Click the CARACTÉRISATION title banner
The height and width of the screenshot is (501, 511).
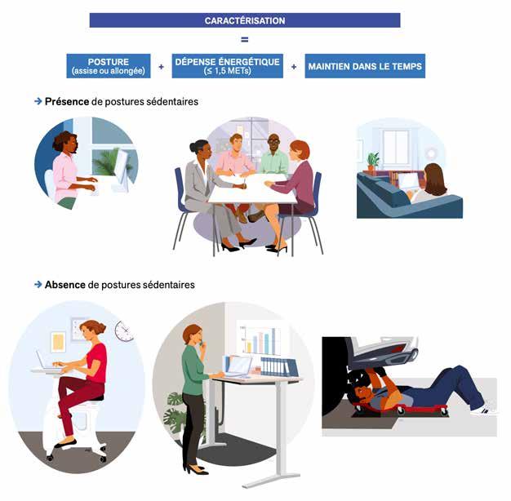click(245, 20)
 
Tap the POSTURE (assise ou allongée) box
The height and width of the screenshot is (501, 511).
click(109, 66)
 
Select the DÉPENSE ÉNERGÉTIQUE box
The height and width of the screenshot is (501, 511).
click(228, 66)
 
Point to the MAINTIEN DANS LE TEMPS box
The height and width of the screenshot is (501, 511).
click(365, 66)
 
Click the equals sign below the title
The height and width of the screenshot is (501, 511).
click(244, 40)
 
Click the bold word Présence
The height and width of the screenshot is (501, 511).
click(67, 102)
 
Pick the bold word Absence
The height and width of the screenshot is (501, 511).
click(65, 285)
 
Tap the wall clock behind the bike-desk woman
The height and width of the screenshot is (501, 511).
click(124, 331)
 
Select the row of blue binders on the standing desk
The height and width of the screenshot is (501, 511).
click(279, 367)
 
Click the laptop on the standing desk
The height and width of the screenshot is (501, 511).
click(238, 366)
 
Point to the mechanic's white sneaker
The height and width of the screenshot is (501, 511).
click(483, 410)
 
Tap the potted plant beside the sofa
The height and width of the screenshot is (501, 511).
click(373, 162)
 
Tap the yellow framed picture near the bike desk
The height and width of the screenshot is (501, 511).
click(58, 343)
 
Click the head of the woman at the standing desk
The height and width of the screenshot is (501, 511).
click(193, 335)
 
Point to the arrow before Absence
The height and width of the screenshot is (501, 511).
click(38, 285)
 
